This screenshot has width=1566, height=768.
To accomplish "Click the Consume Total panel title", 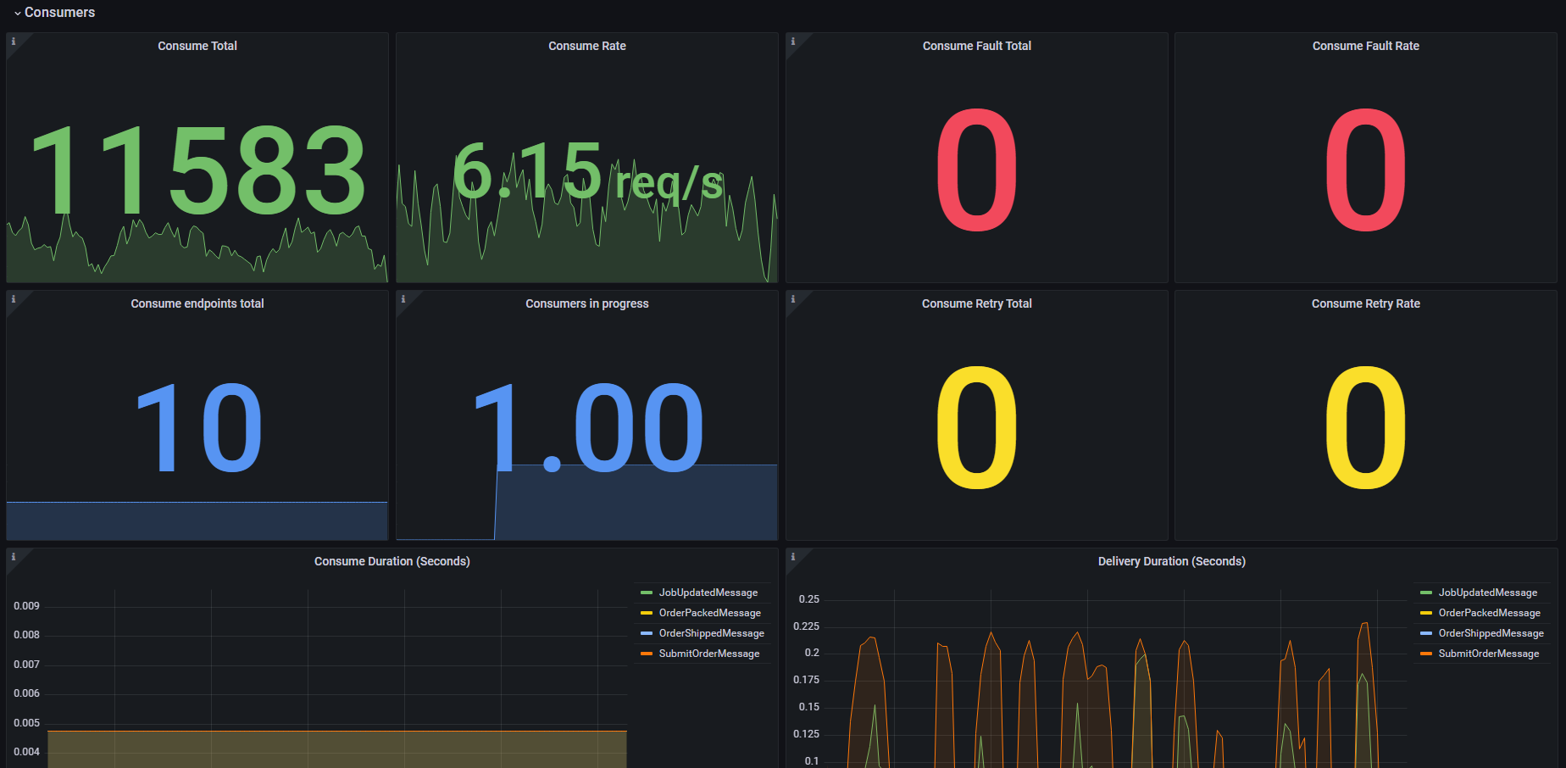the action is point(197,46).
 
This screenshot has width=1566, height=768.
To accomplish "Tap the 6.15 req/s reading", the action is point(588,173).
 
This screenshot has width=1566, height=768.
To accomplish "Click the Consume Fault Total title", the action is point(977,46).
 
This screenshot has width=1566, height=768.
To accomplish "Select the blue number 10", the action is point(198,428).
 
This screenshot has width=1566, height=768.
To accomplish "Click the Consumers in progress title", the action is point(587,303).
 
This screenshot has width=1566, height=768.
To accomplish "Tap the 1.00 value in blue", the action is point(588,428).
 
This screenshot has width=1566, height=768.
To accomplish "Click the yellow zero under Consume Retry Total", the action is point(977,427).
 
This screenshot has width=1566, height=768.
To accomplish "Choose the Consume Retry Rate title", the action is point(1366,303).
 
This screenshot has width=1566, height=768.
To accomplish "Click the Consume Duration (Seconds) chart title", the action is point(392,561).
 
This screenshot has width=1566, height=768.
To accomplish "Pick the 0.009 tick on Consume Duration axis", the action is point(26,606).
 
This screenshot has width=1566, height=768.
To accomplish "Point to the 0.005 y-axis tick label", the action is point(26,723).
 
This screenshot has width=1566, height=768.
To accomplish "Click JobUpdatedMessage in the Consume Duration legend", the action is point(708,593).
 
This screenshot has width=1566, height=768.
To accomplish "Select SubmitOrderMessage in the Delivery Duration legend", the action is point(1489,654).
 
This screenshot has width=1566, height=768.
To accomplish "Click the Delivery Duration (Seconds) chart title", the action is point(1172,561).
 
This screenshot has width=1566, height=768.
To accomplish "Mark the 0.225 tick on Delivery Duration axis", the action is point(807,626).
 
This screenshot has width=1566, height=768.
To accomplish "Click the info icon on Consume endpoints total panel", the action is point(14,299).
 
